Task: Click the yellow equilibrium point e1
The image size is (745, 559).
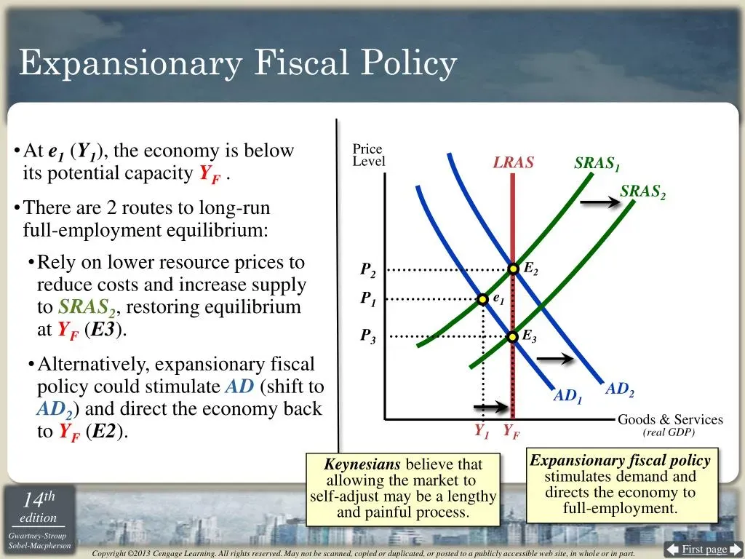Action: [483, 299]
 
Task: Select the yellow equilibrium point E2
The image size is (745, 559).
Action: [513, 269]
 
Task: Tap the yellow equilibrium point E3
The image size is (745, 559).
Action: [512, 337]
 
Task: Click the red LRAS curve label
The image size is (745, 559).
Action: [513, 162]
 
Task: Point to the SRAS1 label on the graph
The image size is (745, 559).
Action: [597, 164]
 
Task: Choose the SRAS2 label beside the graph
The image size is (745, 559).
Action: [643, 192]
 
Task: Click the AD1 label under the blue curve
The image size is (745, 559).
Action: [567, 396]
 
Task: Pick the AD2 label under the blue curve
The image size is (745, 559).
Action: [620, 389]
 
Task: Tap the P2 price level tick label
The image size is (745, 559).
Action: [367, 270]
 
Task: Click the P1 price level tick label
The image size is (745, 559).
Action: [367, 298]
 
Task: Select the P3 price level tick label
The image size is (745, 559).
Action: [367, 336]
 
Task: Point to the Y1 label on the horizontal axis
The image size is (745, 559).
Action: [482, 432]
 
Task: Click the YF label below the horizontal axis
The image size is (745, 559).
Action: [511, 432]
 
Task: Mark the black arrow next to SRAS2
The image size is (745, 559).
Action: [600, 202]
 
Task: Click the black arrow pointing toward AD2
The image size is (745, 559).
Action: [555, 358]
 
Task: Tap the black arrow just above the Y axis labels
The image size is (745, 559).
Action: [491, 407]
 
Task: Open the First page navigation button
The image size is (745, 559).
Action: [704, 550]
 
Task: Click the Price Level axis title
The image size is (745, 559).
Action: [369, 155]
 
